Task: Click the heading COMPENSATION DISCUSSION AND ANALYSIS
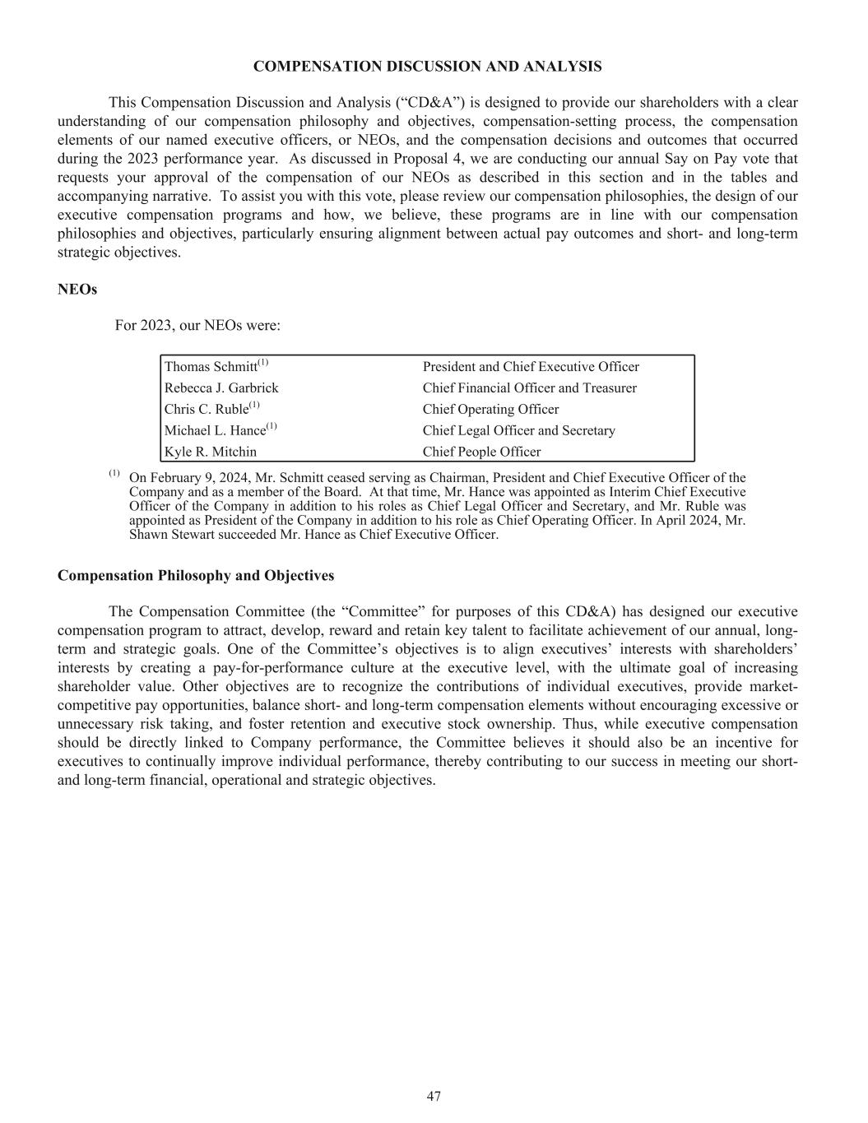pyautogui.click(x=427, y=67)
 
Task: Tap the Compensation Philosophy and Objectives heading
pyautogui.click(x=196, y=576)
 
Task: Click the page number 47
pyautogui.click(x=434, y=1096)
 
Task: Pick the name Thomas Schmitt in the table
pyautogui.click(x=211, y=367)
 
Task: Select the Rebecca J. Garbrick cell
pyautogui.click(x=221, y=388)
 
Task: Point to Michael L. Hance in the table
pyautogui.click(x=215, y=431)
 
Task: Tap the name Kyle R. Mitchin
pyautogui.click(x=211, y=452)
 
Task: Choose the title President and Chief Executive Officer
pyautogui.click(x=531, y=367)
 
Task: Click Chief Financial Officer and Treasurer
pyautogui.click(x=529, y=388)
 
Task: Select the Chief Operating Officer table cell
pyautogui.click(x=490, y=410)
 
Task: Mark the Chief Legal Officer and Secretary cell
pyautogui.click(x=518, y=431)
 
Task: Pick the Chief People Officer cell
pyautogui.click(x=481, y=452)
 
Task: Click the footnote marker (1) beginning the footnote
pyautogui.click(x=114, y=474)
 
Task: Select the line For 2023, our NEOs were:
pyautogui.click(x=197, y=326)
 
